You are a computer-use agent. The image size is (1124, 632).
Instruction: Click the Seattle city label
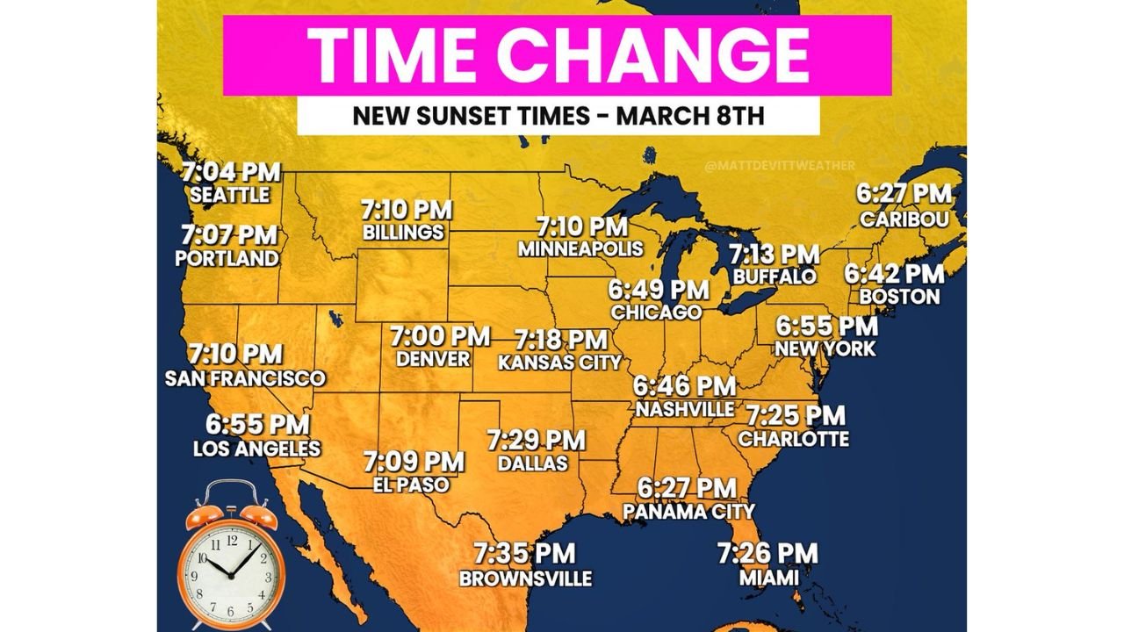point(229,195)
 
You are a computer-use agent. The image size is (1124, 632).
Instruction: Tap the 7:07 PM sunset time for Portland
point(229,235)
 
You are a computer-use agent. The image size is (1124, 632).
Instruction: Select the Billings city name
point(403,233)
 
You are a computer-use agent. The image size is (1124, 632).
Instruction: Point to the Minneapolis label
point(580,248)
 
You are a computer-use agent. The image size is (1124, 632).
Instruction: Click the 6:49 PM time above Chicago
point(659,289)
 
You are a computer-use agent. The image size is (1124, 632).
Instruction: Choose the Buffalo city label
point(775,276)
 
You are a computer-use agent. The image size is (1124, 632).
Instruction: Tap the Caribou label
point(904,219)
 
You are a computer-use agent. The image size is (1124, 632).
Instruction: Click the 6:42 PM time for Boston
point(894,274)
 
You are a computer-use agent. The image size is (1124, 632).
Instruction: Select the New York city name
point(825,348)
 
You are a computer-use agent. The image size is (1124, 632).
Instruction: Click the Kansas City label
point(559,362)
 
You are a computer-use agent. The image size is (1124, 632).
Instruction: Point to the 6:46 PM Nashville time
point(685,386)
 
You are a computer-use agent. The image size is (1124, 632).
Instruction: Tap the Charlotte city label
point(794,438)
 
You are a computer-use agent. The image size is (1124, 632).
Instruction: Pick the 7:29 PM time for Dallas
point(537,438)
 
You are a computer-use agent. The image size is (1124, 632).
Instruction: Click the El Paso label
point(411,485)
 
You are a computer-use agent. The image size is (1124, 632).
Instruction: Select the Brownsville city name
point(525,578)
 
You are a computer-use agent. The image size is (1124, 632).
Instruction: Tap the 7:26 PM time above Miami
point(767,554)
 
